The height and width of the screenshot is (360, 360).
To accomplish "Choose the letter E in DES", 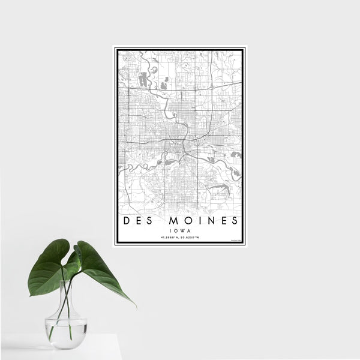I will coord(138,220).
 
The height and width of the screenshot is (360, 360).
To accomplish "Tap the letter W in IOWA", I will coord(182,229).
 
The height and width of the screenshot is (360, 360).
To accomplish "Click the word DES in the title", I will coord(138,220).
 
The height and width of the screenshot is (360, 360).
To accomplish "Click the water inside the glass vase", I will coord(66,332).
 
